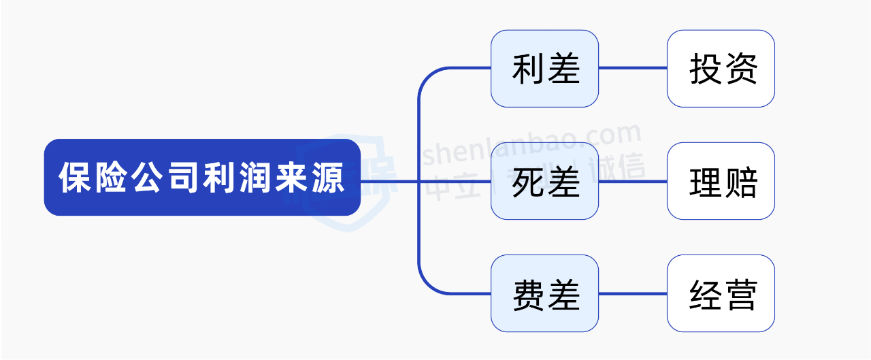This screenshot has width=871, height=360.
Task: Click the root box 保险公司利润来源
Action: tap(202, 178)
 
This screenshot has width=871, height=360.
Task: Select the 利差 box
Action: tap(544, 69)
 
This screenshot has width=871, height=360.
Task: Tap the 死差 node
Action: tap(544, 181)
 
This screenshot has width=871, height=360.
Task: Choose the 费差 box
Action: tap(544, 293)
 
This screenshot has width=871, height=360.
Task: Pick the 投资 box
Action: tap(721, 69)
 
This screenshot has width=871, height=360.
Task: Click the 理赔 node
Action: tap(721, 181)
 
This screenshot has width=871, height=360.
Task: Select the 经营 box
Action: tap(721, 293)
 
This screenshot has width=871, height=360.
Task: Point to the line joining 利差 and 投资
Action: tap(633, 68)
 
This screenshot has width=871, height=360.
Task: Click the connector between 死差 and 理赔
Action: tap(633, 181)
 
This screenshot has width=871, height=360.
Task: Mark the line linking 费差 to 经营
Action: tap(633, 293)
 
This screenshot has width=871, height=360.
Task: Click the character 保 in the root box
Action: tap(75, 178)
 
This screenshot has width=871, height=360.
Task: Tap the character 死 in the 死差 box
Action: tap(527, 182)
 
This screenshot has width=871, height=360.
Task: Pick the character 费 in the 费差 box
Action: tap(527, 294)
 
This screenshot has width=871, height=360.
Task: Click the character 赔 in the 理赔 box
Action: tap(740, 182)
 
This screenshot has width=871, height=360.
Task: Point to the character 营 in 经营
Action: tap(740, 294)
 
